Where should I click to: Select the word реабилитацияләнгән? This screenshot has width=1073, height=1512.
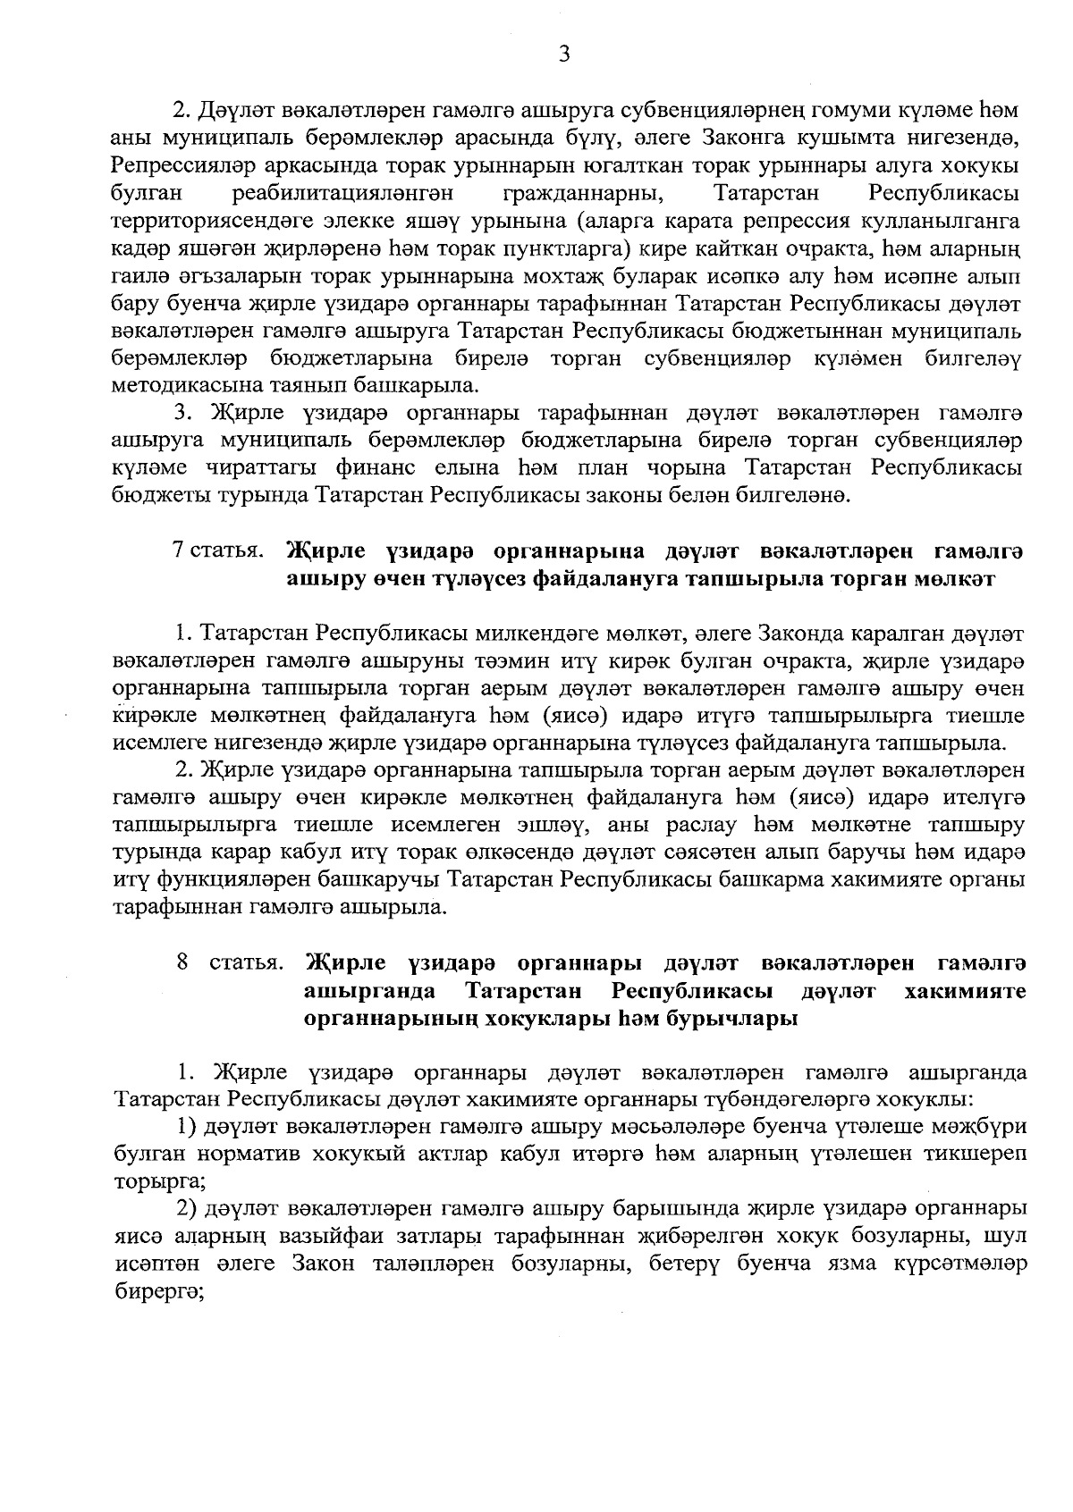tap(343, 192)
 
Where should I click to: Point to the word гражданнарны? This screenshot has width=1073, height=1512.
tap(584, 192)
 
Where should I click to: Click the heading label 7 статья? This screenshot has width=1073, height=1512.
tap(219, 550)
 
